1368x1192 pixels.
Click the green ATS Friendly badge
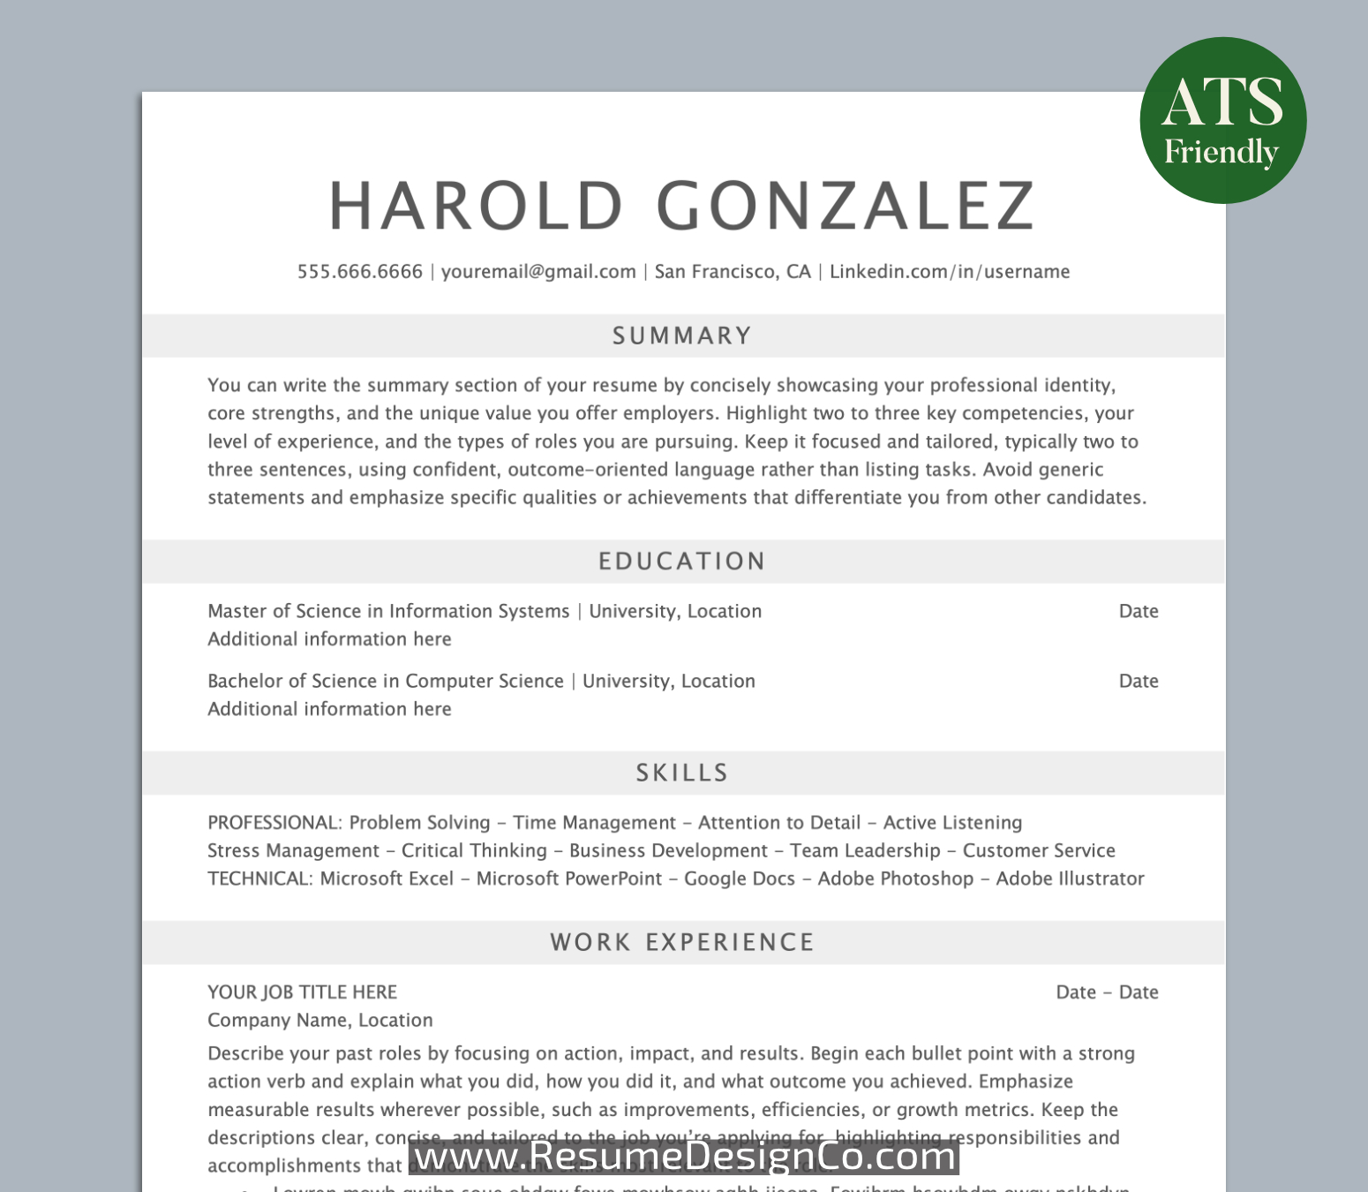[x=1222, y=121]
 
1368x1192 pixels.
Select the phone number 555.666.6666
[x=359, y=272]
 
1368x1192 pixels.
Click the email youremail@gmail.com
[x=538, y=272]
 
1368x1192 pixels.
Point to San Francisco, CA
[x=732, y=272]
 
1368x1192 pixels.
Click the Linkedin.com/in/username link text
[x=949, y=272]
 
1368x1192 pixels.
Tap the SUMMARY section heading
[x=682, y=336]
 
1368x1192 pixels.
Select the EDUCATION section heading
[x=682, y=562]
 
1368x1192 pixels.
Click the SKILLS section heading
[x=682, y=773]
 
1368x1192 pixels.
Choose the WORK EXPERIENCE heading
[x=682, y=943]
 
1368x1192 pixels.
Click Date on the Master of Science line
[x=1139, y=611]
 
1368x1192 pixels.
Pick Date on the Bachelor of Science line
[x=1139, y=681]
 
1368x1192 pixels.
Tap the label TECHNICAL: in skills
[x=259, y=879]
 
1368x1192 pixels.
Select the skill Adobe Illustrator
[x=1070, y=879]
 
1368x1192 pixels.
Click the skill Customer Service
[x=1039, y=850]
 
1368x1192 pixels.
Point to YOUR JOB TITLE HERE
[x=302, y=992]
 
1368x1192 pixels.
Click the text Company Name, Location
[x=320, y=1021]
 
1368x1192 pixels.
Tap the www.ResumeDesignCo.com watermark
[x=684, y=1156]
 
